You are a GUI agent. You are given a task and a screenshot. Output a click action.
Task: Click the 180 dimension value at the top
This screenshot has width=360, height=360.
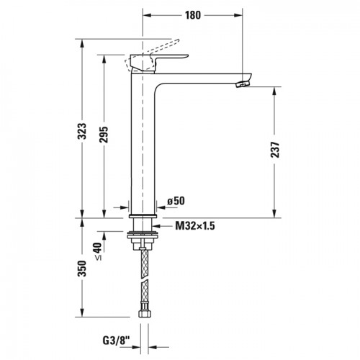(193, 15)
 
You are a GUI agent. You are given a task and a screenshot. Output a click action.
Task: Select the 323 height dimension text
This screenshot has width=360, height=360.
(83, 131)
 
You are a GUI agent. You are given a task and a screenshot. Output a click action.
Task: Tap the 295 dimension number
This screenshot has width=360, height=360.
(104, 135)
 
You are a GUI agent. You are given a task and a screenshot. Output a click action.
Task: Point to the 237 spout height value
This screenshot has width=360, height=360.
(275, 150)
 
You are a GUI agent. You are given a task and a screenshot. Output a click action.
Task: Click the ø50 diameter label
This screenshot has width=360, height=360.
(176, 201)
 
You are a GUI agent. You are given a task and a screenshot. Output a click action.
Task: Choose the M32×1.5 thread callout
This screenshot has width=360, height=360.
(195, 225)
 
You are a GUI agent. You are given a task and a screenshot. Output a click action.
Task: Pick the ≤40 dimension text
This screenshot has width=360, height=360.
(98, 251)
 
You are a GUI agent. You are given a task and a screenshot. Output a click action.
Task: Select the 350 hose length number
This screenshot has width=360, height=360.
(83, 269)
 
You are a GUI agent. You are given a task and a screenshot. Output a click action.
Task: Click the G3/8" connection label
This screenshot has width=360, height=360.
(116, 341)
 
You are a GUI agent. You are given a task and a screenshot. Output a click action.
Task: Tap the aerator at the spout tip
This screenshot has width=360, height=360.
(242, 84)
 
